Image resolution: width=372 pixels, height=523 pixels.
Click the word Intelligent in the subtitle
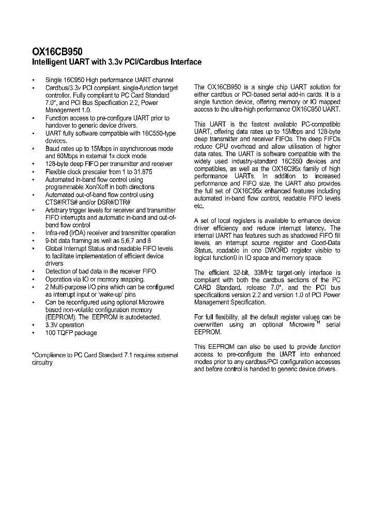50,62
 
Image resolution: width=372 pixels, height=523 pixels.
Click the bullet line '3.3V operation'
65,325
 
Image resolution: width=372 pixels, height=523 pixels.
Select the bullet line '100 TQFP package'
71,333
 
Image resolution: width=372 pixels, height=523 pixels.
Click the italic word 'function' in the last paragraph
330,347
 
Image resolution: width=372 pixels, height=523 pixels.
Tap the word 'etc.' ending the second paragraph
199,205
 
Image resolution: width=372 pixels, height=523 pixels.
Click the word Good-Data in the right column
326,243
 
